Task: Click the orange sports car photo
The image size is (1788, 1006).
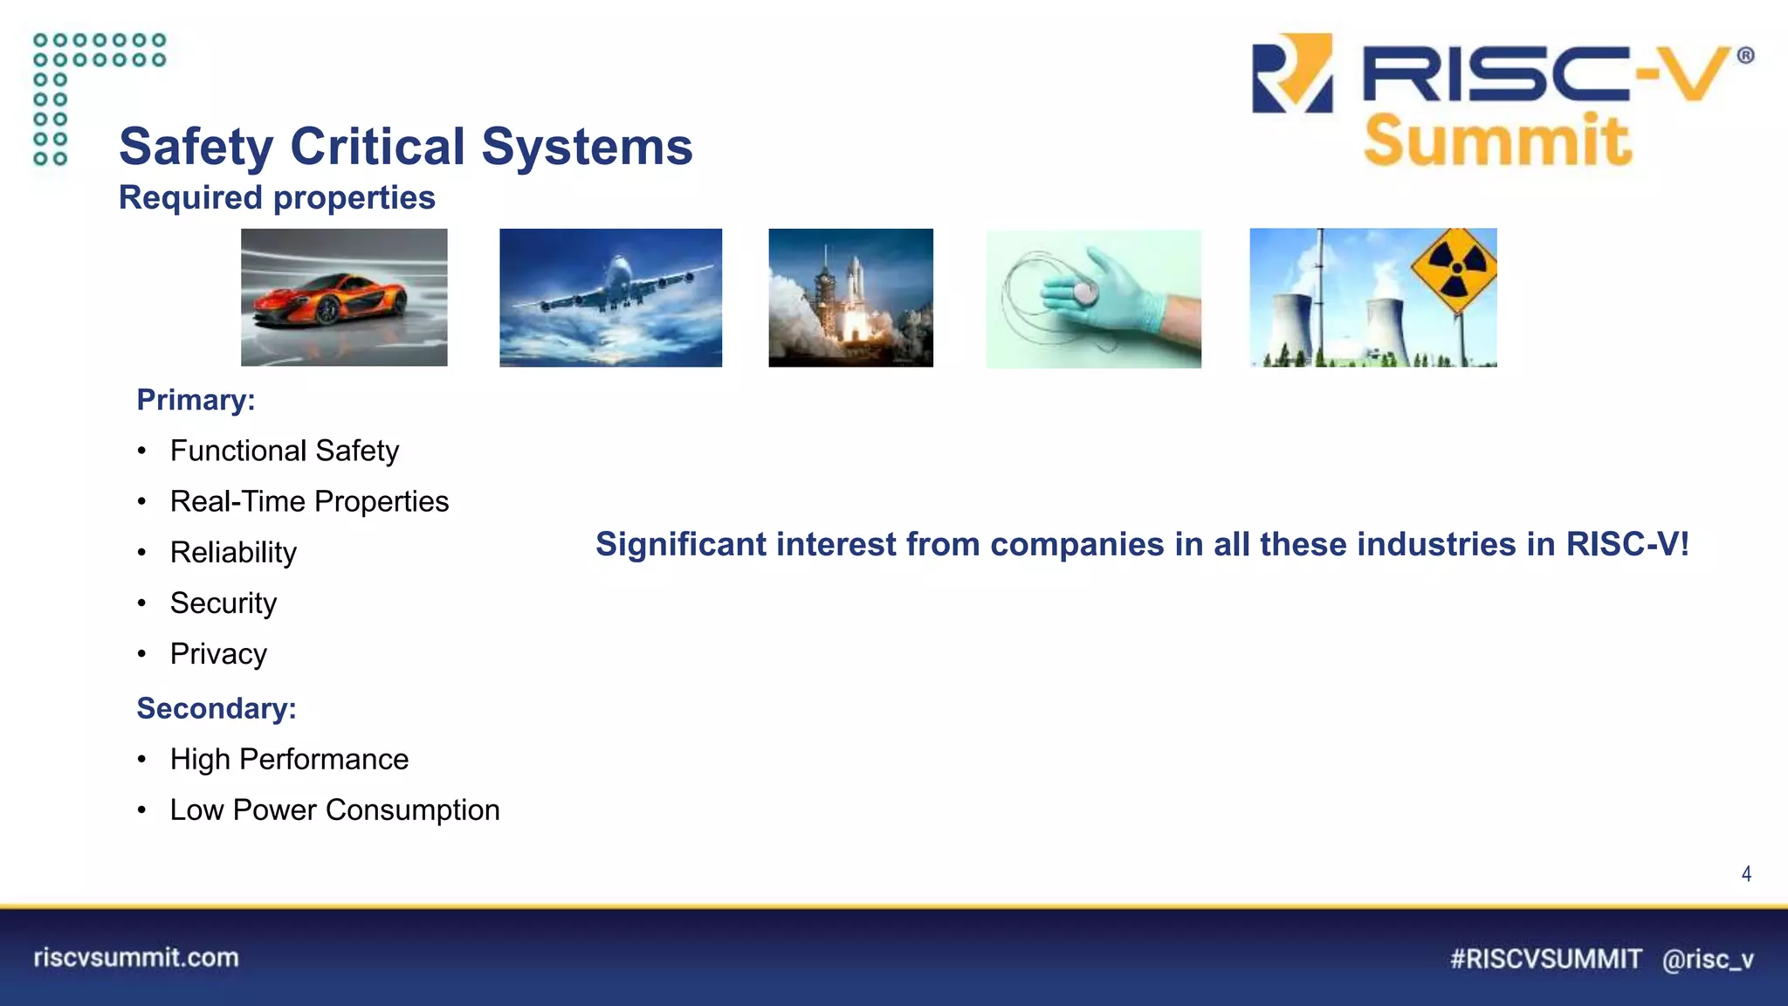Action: [344, 297]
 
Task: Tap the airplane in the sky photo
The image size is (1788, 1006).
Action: [610, 297]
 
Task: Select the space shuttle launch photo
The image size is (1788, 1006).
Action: [850, 297]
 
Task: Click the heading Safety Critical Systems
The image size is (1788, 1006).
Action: [405, 146]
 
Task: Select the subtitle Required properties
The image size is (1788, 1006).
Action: [277, 197]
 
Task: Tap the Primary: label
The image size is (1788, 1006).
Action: [196, 400]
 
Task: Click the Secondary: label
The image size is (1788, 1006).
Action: [217, 708]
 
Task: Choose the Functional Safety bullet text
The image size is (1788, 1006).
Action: [284, 451]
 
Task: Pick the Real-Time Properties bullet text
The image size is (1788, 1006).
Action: [309, 501]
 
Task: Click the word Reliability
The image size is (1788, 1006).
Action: [233, 552]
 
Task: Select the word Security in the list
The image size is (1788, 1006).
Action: [223, 603]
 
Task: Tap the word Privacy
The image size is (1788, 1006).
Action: [218, 654]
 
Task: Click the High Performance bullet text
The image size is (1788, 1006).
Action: [289, 759]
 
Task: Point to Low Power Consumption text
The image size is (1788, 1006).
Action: [334, 810]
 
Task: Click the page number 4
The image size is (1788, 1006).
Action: [1746, 874]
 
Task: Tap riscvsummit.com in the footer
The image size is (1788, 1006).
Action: [136, 958]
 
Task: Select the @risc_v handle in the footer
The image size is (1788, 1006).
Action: [1707, 959]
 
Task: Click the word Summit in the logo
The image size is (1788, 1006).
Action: [1496, 141]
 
